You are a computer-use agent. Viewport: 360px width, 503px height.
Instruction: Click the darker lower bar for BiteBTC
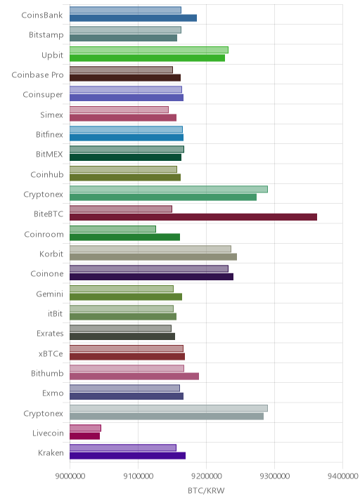[193, 217]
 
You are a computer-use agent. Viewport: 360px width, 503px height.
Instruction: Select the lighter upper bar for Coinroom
[112, 229]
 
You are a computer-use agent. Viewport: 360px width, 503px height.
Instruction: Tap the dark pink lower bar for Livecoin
[85, 436]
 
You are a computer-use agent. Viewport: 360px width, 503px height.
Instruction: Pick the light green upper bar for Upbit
[149, 50]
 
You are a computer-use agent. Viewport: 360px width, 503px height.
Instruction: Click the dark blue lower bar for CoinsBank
[134, 18]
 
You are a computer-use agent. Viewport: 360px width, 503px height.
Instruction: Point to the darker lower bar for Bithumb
[134, 377]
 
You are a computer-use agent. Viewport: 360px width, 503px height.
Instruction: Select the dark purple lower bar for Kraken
[127, 456]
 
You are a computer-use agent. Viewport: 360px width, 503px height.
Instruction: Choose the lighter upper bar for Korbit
[150, 249]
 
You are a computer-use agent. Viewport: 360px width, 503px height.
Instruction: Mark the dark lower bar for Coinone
[152, 277]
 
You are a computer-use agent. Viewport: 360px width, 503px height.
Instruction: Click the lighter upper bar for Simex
[119, 110]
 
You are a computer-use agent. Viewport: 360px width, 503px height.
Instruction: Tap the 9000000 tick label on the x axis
[70, 476]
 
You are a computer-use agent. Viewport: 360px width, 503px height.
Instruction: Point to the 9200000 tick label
[207, 476]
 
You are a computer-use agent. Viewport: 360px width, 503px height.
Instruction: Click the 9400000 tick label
[342, 476]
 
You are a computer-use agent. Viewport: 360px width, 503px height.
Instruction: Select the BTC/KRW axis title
[206, 491]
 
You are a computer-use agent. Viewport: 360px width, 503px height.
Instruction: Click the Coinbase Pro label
[37, 74]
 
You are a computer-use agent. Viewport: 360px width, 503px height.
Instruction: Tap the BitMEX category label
[49, 155]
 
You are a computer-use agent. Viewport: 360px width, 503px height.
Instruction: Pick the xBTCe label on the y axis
[51, 353]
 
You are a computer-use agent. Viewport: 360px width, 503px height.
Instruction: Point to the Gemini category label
[49, 294]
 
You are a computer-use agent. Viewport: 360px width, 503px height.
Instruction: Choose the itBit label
[55, 313]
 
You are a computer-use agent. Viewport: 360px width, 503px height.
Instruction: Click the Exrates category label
[50, 333]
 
